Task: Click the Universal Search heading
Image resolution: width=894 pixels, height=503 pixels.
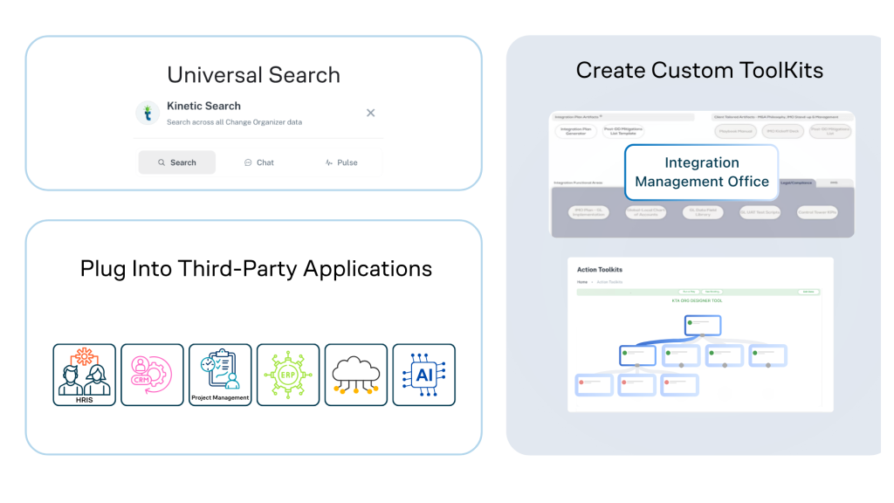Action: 253,74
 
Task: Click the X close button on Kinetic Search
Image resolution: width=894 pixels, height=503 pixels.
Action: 370,113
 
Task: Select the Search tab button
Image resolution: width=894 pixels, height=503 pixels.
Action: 177,162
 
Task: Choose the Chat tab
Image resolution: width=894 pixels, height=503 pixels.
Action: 258,162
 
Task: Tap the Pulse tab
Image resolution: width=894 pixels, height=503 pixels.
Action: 340,162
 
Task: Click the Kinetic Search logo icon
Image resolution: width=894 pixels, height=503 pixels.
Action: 148,113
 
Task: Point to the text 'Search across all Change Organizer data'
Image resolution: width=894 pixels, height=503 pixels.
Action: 234,122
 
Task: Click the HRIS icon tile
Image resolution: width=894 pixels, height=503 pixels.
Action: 84,375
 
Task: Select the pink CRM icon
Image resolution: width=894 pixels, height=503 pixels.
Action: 152,375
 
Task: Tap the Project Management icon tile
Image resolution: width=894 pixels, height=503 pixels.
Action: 220,375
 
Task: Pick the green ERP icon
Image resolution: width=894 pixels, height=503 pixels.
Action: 288,375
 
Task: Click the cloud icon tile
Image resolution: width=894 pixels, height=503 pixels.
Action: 355,375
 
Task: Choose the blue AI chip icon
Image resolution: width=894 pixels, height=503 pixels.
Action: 423,375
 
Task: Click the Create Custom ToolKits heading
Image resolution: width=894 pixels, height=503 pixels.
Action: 699,70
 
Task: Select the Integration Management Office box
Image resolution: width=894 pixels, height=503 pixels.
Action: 702,172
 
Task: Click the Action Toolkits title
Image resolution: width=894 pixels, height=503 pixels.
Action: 600,270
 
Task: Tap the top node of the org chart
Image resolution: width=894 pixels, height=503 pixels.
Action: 702,325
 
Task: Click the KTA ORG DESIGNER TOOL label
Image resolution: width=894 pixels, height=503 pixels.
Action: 696,300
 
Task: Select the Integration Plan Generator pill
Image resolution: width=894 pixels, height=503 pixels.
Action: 574,132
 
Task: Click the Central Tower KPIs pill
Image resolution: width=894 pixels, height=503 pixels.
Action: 816,212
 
